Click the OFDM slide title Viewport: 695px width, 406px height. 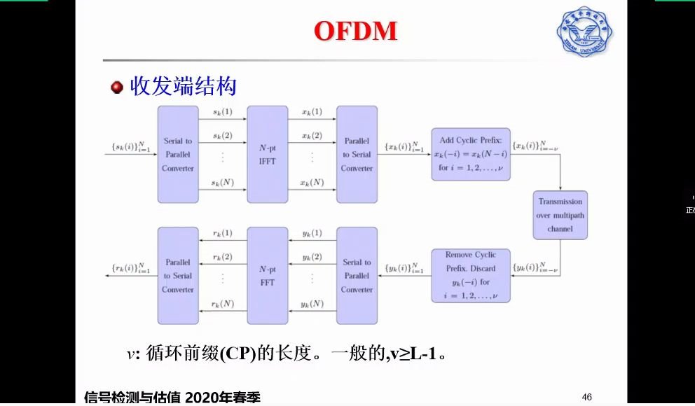355,31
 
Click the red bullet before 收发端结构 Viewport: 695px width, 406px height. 117,87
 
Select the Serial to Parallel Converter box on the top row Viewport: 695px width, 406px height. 178,155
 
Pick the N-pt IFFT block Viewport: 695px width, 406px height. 267,155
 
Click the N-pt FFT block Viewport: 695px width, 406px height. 267,276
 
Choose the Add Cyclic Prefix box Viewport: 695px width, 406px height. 471,154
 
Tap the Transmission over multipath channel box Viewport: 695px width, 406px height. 560,216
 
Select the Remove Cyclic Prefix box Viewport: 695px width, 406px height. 471,275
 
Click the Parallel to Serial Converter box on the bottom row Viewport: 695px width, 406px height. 178,276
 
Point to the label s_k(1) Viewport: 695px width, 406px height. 222,112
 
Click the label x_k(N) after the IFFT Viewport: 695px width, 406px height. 312,182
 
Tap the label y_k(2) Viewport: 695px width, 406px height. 312,257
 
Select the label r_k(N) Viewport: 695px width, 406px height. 222,304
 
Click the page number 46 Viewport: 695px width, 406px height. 587,397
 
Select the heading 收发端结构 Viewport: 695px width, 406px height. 183,87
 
